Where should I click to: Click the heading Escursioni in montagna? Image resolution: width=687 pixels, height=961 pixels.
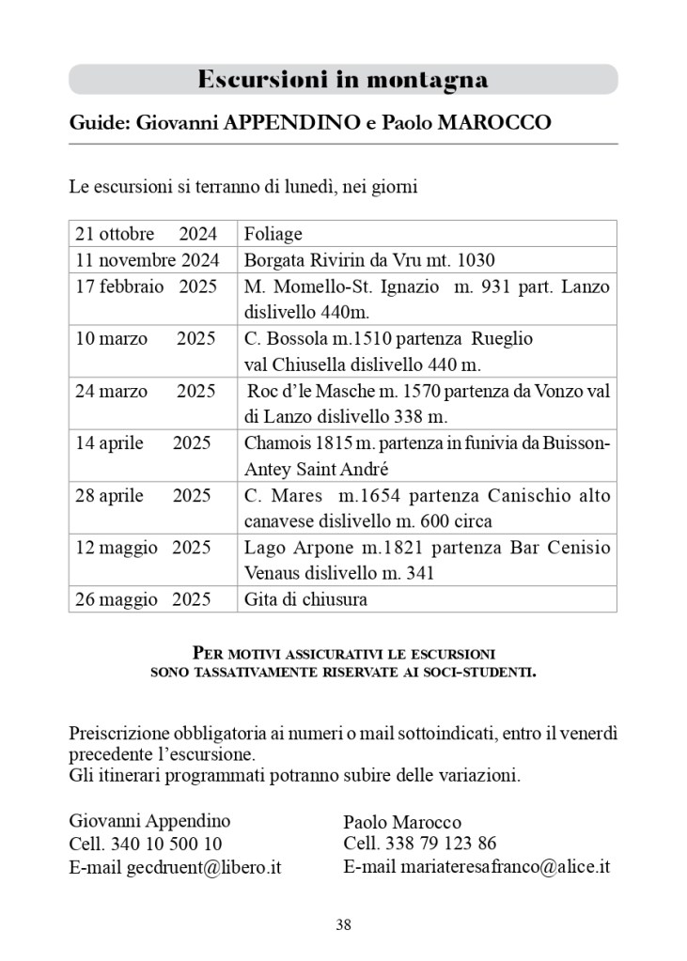click(343, 80)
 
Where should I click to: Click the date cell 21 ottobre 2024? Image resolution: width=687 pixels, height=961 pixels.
click(146, 234)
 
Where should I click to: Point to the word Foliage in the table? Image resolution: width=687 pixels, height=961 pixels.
click(273, 234)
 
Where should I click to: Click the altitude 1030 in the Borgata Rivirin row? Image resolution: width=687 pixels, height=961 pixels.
click(474, 260)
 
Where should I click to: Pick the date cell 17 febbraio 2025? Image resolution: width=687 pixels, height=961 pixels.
click(146, 287)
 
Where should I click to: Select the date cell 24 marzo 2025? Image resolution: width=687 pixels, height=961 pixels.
click(146, 392)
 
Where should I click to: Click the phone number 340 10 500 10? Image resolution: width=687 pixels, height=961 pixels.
click(166, 844)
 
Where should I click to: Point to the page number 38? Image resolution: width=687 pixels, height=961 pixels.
click(343, 925)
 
